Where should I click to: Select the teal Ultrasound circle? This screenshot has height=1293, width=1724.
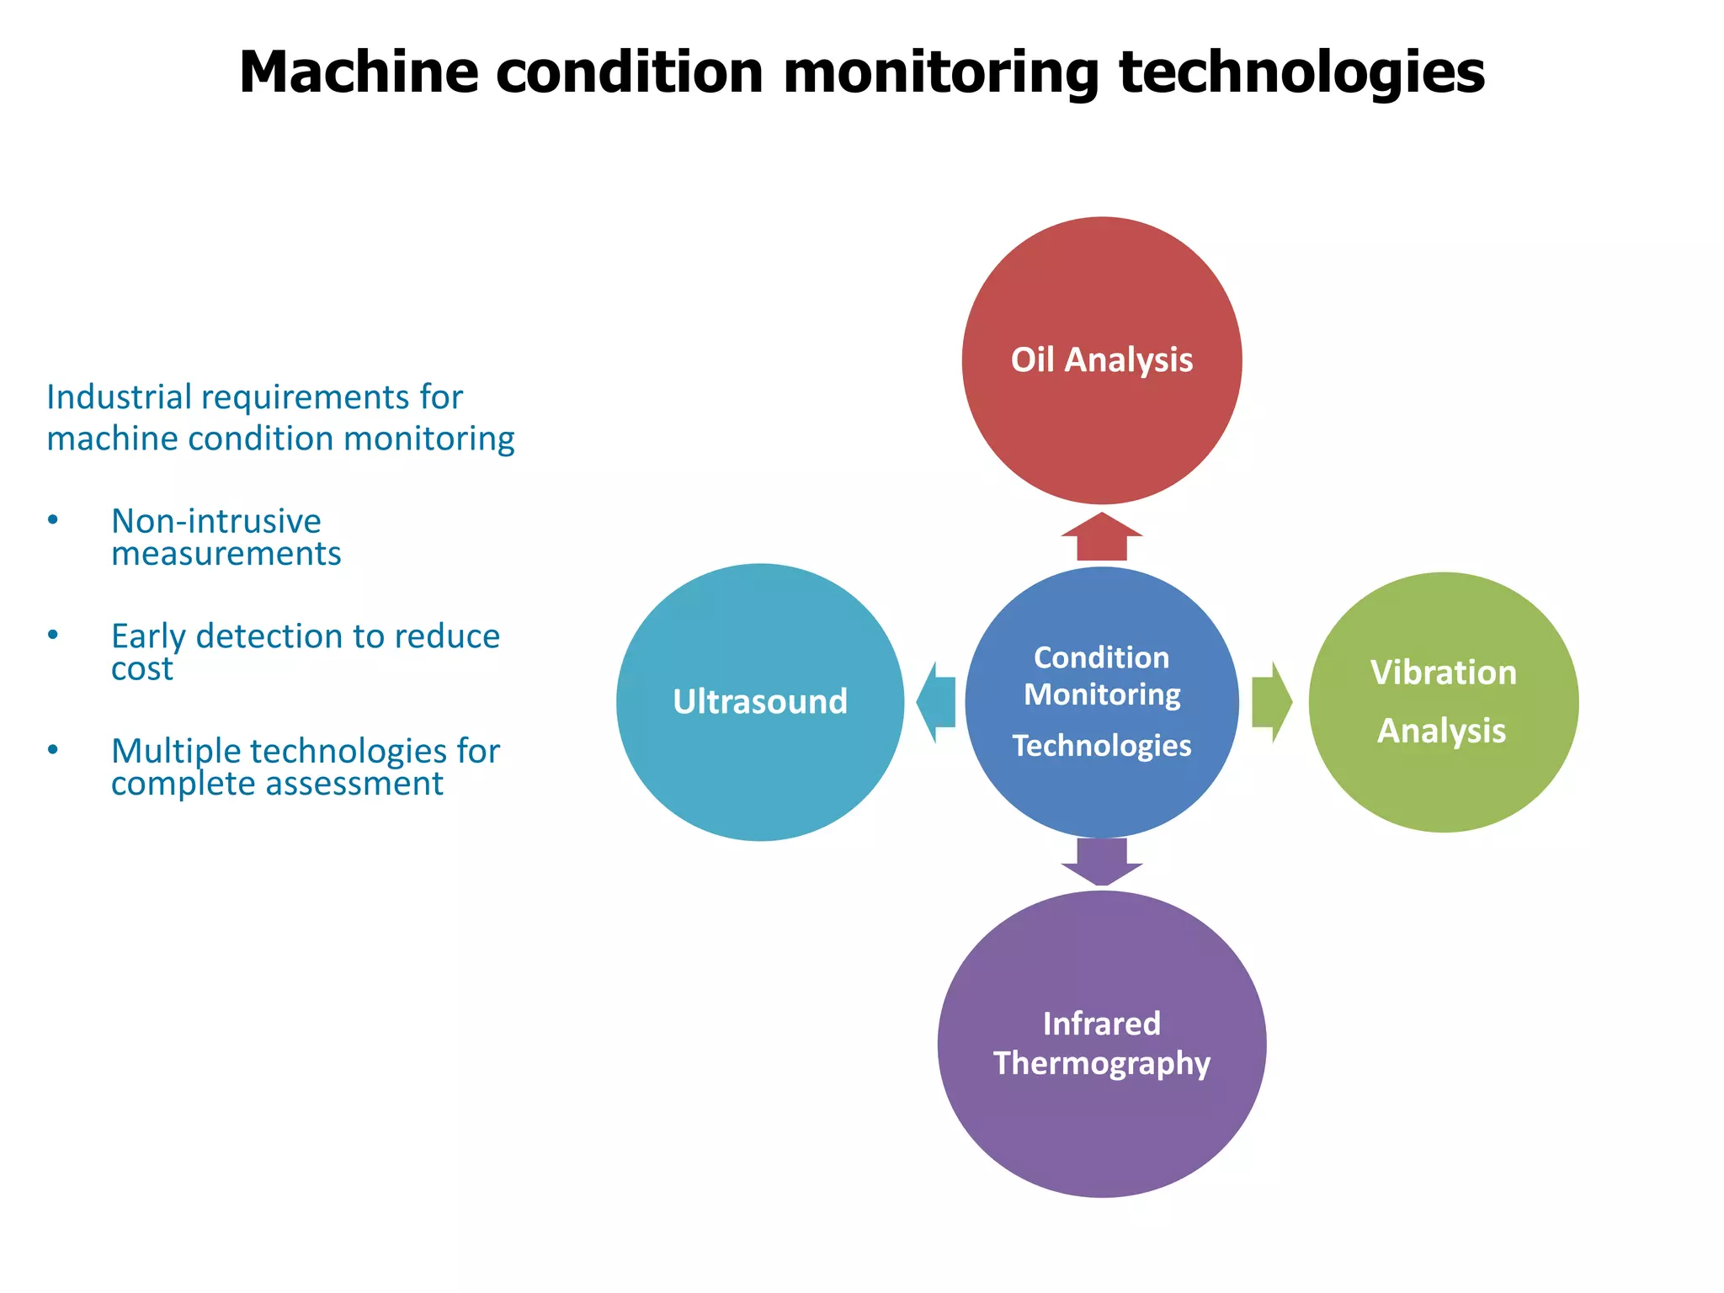coord(759,758)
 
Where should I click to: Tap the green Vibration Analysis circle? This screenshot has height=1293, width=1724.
coord(1443,783)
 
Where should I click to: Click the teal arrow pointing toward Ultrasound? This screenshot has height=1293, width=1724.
coord(936,702)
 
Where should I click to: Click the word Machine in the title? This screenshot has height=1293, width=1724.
coord(358,72)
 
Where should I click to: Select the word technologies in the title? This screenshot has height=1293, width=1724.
coord(1301,72)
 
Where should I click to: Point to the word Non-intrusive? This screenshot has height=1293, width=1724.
coord(215,522)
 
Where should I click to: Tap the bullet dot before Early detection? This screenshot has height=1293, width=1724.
coord(53,636)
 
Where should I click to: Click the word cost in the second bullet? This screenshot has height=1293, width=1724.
coord(141,669)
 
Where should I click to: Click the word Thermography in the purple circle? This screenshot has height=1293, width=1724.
coord(1101,1063)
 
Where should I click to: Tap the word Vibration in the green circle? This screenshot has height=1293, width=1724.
coord(1443,673)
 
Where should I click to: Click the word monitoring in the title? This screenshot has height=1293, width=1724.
coord(940,72)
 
